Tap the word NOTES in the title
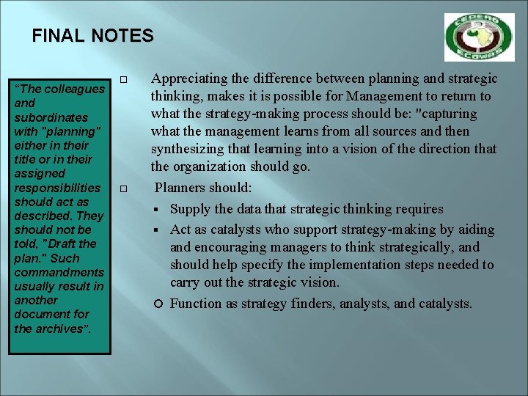[122, 35]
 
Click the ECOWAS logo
[479, 37]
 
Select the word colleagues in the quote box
[74, 89]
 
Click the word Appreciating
[186, 78]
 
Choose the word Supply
[189, 209]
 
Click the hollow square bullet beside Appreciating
[124, 79]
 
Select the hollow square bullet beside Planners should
[124, 189]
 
